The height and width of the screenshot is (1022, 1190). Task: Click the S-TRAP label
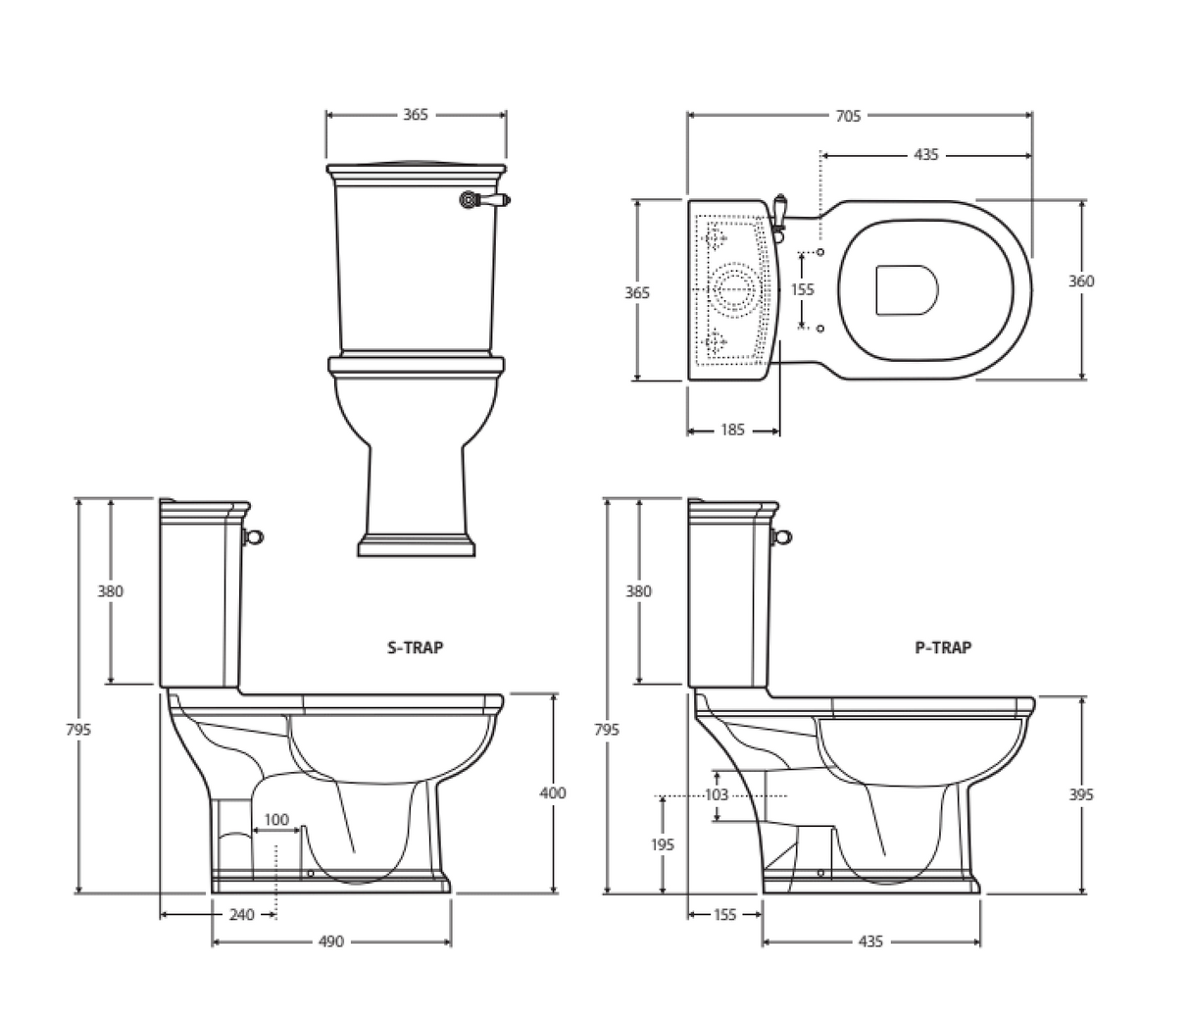tap(415, 647)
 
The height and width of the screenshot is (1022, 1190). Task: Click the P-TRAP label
tap(943, 647)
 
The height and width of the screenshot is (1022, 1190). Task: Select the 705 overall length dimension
tap(848, 116)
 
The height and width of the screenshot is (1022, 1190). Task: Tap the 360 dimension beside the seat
tap(1081, 281)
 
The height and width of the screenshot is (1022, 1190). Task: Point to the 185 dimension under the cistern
tap(732, 430)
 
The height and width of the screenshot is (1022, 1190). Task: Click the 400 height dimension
tap(553, 792)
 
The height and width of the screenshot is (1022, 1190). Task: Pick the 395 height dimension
tap(1081, 794)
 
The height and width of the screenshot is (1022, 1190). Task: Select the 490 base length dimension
tap(331, 942)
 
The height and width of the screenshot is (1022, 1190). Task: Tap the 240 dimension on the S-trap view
tap(241, 915)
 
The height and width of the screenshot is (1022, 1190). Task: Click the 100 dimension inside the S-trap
tap(276, 819)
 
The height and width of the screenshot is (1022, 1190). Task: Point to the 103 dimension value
tap(717, 794)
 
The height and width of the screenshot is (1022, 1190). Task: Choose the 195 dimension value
tap(662, 843)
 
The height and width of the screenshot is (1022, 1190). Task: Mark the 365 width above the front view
tap(416, 115)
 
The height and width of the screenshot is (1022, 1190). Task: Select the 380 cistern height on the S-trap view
tap(110, 591)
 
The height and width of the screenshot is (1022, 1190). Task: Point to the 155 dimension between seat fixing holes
tap(802, 289)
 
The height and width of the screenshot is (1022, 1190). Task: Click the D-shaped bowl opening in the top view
tap(906, 289)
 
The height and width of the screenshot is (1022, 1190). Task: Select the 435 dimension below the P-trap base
tap(869, 942)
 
